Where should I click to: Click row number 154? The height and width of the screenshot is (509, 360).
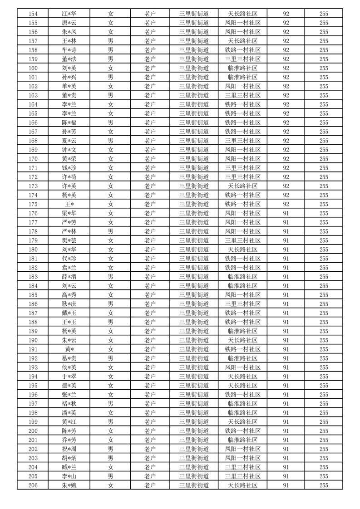coord(33,14)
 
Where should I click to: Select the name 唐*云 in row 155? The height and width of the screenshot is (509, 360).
coord(69,23)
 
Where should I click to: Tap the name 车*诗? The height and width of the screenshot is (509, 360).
coord(69,50)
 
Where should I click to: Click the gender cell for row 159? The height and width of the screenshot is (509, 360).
coord(110,59)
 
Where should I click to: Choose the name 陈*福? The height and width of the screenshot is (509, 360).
coord(69,122)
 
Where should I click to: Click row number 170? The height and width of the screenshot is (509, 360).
coord(33,159)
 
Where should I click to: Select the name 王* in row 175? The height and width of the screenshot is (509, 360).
coord(69,204)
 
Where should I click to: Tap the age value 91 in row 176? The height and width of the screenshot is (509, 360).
coord(286,213)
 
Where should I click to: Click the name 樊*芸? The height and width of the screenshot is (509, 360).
coord(69,240)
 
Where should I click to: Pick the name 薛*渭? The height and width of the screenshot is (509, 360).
coord(69,277)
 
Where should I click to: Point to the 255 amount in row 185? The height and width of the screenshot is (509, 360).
coord(324,295)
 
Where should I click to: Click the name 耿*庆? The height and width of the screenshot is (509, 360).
coord(69,304)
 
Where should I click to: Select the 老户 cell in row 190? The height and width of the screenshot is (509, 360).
coord(150,340)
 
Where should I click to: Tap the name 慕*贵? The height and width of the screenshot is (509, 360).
coord(69,358)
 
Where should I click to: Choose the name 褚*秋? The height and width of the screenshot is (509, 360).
coord(69,404)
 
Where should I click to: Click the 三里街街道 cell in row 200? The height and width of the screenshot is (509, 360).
coord(194,431)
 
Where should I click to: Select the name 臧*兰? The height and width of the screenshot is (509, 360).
coord(69,467)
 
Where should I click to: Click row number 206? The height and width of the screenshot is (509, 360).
coord(33,485)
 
